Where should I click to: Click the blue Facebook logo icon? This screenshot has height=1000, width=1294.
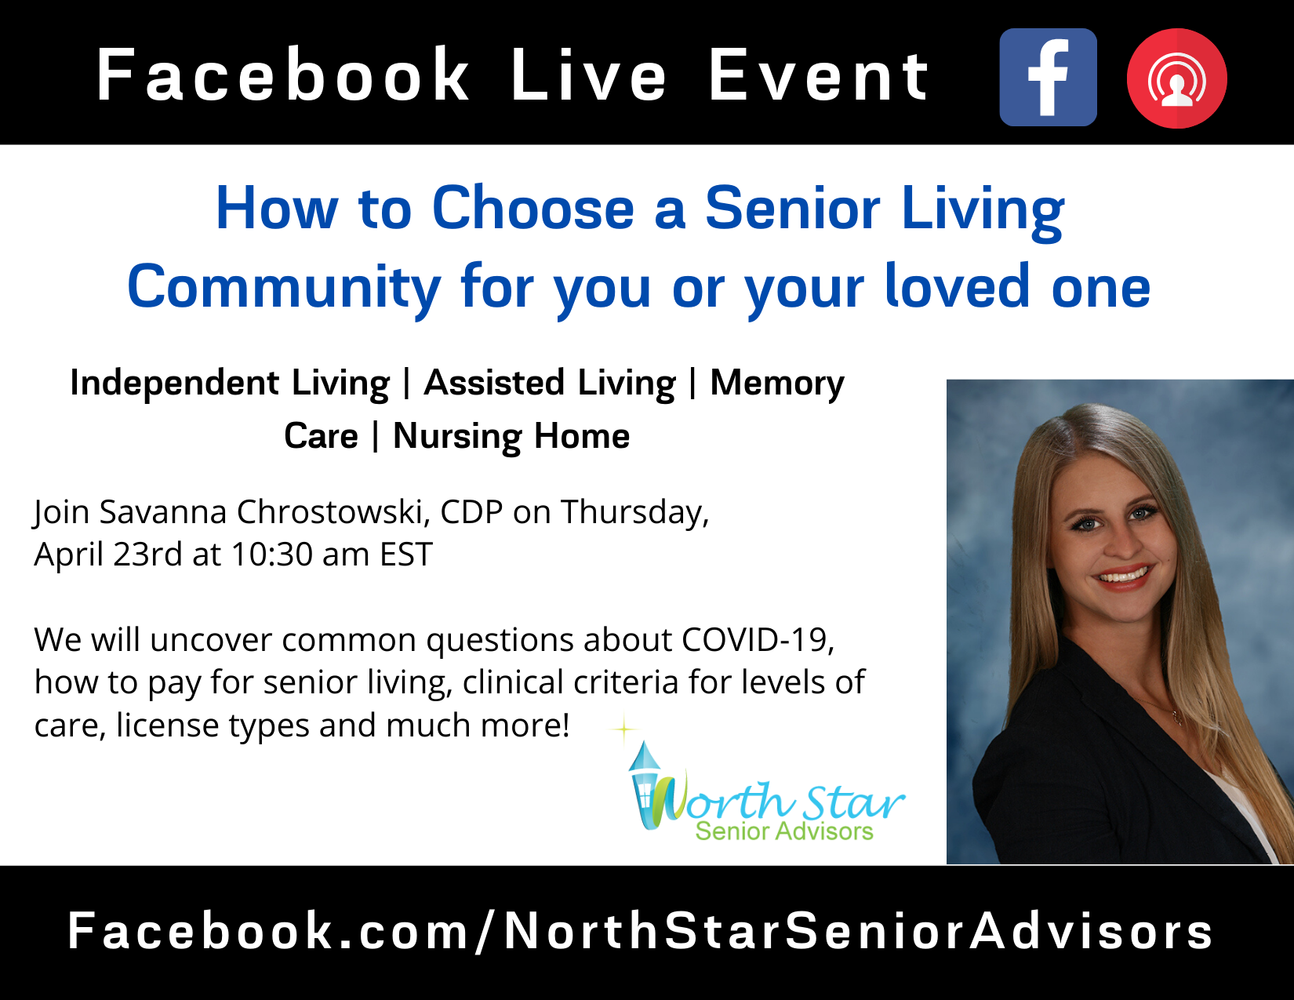click(1048, 78)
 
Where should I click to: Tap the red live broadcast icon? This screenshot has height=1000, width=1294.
click(1176, 78)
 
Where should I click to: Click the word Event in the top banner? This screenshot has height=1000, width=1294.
click(819, 75)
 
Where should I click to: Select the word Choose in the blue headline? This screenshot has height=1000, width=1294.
click(533, 209)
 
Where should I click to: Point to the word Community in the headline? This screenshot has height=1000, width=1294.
click(284, 287)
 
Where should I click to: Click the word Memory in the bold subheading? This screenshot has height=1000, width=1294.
click(776, 384)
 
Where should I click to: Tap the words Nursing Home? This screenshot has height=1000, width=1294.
click(511, 436)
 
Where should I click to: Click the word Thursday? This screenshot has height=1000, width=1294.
click(634, 512)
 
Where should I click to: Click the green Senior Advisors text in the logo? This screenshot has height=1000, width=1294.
click(783, 831)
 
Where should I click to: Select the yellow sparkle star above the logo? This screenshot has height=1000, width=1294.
click(623, 730)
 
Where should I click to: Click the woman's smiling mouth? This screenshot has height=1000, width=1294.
click(1123, 578)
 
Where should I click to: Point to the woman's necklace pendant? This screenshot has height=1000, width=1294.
click(1176, 715)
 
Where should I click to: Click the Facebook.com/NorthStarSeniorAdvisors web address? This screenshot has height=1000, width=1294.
click(640, 931)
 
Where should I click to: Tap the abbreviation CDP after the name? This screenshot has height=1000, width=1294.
click(471, 512)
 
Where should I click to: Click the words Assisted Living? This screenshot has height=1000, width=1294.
click(549, 384)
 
